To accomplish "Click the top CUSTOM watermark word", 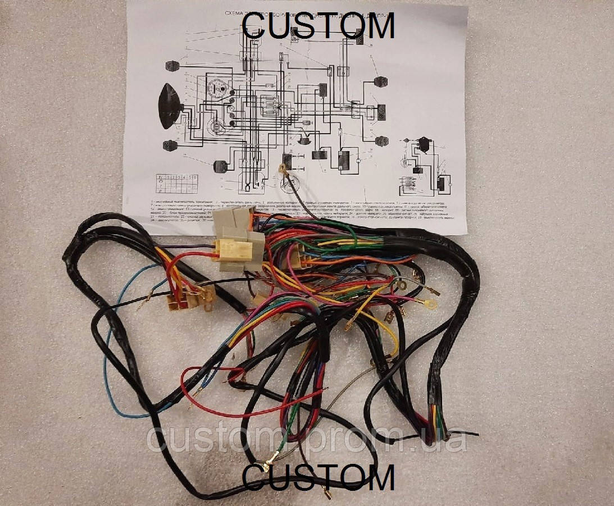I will click(x=319, y=25).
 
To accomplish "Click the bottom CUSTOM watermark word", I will click(x=319, y=479).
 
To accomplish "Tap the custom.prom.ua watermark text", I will click(x=306, y=439).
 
